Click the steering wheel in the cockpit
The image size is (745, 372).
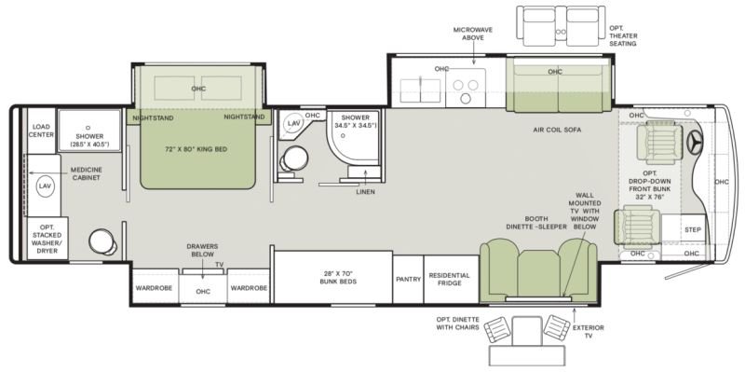696,142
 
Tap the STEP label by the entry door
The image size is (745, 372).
693,230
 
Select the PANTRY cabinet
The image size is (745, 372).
408,280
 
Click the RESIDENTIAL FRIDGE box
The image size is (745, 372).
451,280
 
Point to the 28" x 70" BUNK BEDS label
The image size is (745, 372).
338,277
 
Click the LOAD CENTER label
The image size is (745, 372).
42,131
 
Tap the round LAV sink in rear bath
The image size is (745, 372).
44,186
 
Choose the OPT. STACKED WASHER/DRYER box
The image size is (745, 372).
47,239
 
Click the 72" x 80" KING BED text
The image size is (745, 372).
196,149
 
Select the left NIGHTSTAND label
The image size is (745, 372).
153,118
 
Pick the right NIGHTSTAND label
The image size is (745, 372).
244,117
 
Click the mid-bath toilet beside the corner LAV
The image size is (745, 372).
293,158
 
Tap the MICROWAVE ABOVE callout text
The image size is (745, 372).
472,34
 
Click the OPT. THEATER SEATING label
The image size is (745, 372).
623,35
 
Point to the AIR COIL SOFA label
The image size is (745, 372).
557,130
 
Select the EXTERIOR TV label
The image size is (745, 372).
589,332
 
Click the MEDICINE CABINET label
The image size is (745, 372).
86,173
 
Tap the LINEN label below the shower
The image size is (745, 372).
365,192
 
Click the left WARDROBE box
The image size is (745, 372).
154,288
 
